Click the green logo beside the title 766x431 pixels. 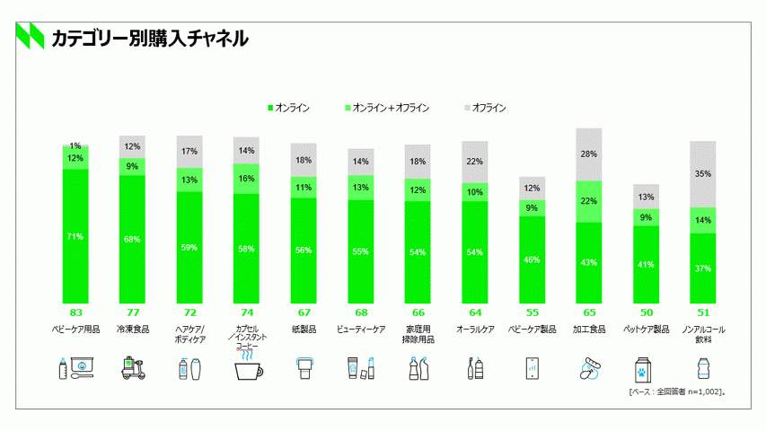pyautogui.click(x=30, y=36)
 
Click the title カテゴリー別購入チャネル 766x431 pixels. pyautogui.click(x=149, y=38)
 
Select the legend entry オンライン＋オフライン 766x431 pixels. pyautogui.click(x=386, y=108)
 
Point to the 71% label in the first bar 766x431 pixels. pyautogui.click(x=75, y=237)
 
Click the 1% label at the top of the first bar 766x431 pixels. pyautogui.click(x=75, y=145)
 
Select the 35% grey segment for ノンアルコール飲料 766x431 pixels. pyautogui.click(x=703, y=174)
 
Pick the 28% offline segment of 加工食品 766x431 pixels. pyautogui.click(x=589, y=154)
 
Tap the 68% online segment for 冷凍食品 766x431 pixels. pyautogui.click(x=133, y=239)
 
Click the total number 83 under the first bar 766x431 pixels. pyautogui.click(x=75, y=312)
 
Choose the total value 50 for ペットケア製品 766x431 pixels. pyautogui.click(x=647, y=312)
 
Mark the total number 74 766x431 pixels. pyautogui.click(x=247, y=312)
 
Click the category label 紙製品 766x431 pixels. pyautogui.click(x=304, y=330)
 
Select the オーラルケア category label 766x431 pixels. pyautogui.click(x=475, y=330)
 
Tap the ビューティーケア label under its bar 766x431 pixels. pyautogui.click(x=361, y=330)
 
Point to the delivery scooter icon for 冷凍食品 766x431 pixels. pyautogui.click(x=133, y=368)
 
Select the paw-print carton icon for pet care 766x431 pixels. pyautogui.click(x=647, y=368)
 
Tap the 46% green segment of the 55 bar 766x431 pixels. pyautogui.click(x=533, y=259)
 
